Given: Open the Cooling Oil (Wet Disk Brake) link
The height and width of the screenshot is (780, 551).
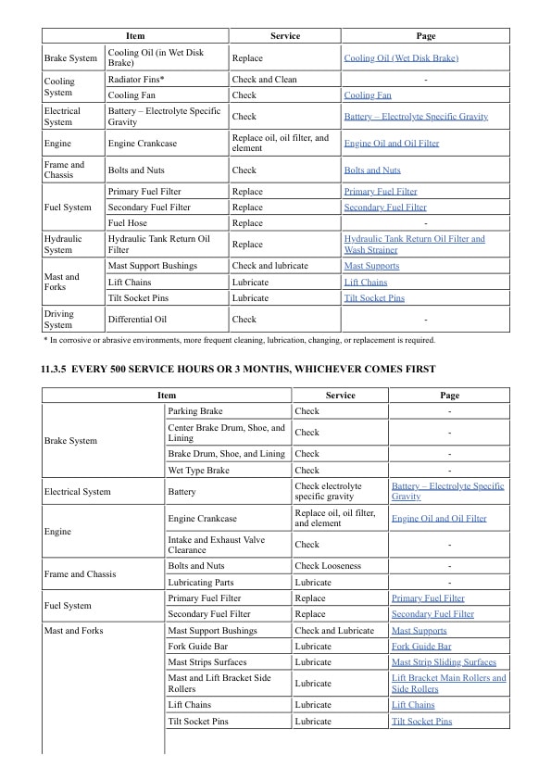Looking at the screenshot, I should (x=401, y=58).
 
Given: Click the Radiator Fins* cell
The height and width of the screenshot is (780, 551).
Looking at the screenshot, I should (x=136, y=80).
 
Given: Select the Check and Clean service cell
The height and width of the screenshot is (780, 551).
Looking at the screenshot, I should (x=265, y=80).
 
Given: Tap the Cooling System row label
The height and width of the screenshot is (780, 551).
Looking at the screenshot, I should (x=58, y=87).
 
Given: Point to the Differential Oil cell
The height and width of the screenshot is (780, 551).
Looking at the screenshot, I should (x=137, y=320).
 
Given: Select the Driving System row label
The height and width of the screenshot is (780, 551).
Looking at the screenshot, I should (x=58, y=320).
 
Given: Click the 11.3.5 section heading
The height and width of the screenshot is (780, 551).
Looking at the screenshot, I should (x=238, y=370).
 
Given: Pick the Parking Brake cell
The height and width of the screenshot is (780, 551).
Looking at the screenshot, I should (x=194, y=411).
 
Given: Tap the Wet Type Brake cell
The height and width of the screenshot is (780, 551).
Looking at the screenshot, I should (x=198, y=471).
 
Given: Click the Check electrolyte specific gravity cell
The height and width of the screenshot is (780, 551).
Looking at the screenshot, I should (x=328, y=491).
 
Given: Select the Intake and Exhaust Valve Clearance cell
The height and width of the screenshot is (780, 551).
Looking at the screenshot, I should (x=216, y=545).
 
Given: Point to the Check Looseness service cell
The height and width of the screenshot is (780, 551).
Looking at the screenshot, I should (x=328, y=566).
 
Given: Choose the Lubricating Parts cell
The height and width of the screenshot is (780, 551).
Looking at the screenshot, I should (x=201, y=583).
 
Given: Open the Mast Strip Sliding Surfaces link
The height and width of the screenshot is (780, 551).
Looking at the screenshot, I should (x=444, y=662).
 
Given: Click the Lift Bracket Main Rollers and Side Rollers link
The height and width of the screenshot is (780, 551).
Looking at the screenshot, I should (x=448, y=684).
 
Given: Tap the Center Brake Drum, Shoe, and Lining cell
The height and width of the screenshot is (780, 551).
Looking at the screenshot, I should (x=226, y=433).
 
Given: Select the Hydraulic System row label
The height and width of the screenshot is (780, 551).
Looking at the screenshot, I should (x=63, y=245).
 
